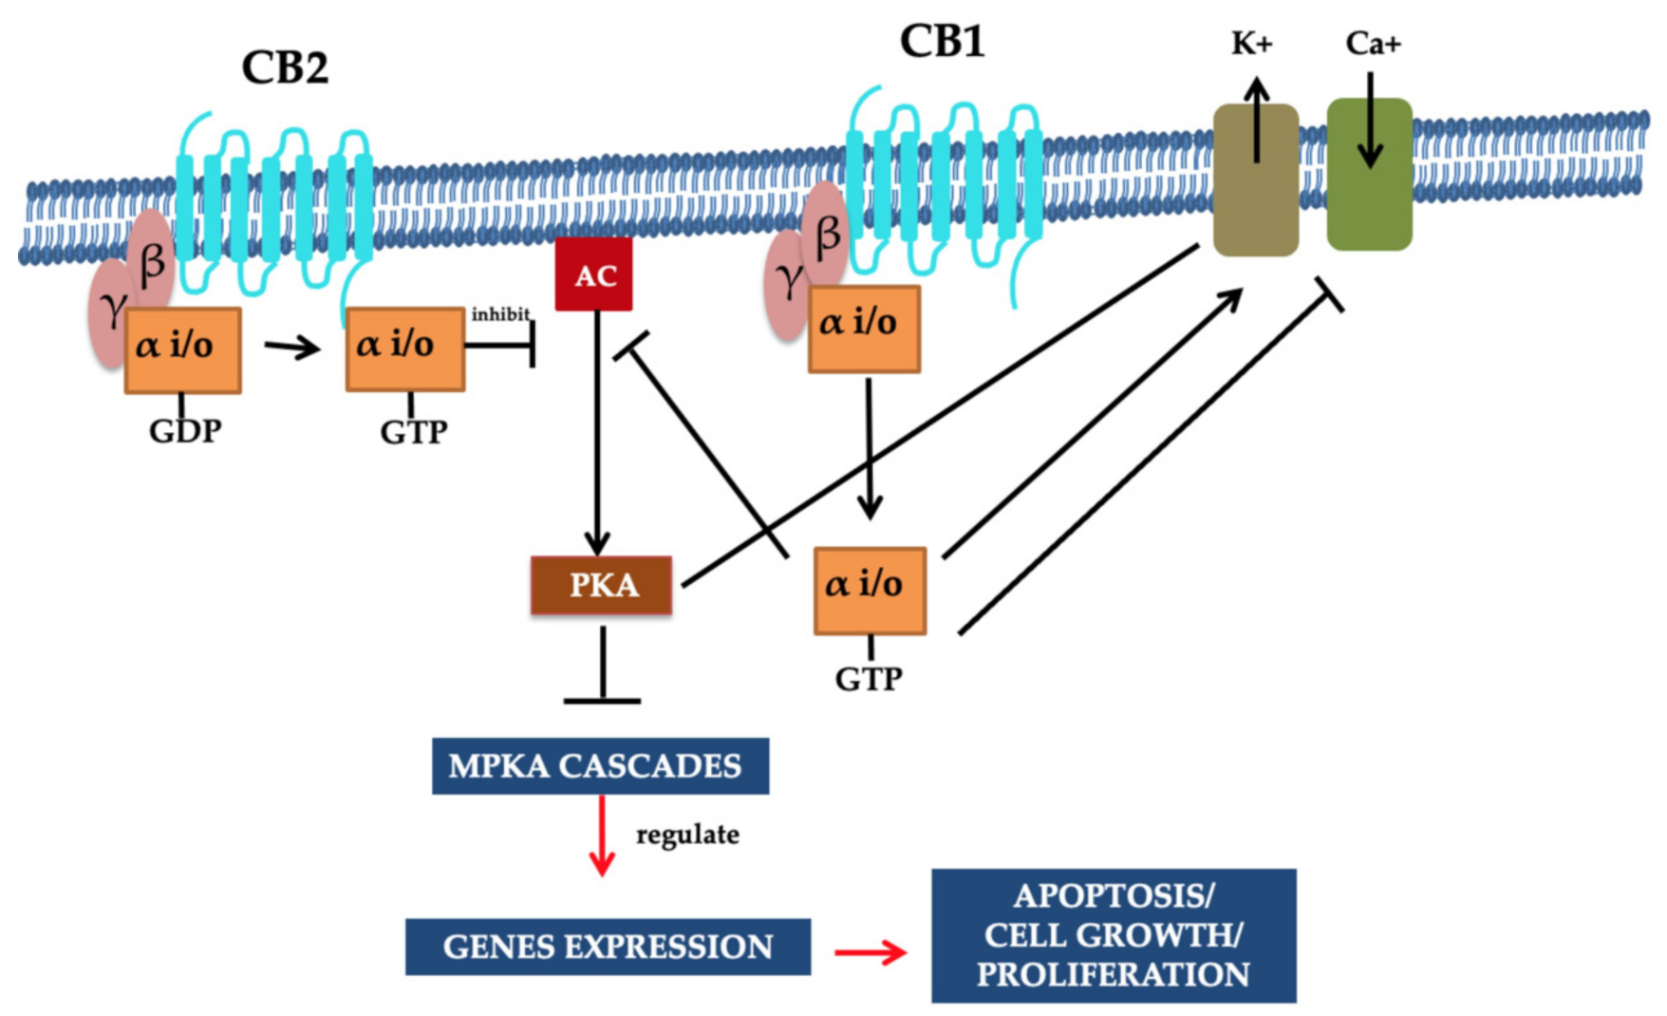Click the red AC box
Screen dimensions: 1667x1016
coord(594,274)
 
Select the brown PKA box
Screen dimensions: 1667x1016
coord(602,585)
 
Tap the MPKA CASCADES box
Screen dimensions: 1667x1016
coord(600,765)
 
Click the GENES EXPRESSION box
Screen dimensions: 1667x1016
coord(608,947)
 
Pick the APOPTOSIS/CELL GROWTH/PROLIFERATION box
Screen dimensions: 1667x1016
coord(1114,935)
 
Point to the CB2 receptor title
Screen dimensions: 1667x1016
coord(285,67)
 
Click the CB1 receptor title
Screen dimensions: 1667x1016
coord(942,42)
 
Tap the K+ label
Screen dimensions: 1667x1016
coord(1251,43)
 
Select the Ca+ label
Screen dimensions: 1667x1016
coord(1373,43)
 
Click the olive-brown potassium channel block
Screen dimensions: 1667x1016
coord(1256,180)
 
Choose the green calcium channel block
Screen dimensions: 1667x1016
coord(1369,175)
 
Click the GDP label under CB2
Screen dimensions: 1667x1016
coord(185,431)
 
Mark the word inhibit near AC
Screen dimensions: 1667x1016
coord(500,313)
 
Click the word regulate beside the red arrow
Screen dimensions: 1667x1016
coord(687,835)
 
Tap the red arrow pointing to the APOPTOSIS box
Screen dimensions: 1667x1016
coord(871,951)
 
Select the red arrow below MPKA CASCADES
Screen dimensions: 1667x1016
coord(602,836)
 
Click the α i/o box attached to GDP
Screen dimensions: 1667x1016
coord(182,349)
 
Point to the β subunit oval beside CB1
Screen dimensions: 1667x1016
coord(825,234)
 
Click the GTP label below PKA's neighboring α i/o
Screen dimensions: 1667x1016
coord(869,679)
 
